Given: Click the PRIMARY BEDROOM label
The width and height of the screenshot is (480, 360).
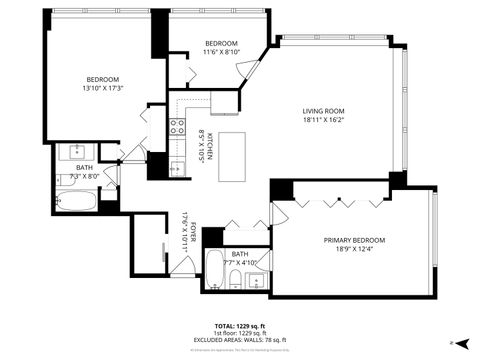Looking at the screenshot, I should (353, 240).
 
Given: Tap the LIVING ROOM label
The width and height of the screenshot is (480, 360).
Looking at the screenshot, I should (324, 111).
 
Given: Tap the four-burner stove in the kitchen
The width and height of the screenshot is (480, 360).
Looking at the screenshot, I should (177, 126).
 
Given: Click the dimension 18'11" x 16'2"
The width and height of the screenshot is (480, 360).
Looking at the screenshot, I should (324, 120).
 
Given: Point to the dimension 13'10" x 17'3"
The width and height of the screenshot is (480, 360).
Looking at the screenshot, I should (102, 88).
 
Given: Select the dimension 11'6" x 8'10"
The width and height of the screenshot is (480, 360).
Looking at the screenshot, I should (221, 52).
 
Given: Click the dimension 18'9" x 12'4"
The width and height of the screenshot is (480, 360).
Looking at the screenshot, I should (353, 249).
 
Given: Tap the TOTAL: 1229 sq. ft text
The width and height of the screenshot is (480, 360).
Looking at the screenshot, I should (240, 326).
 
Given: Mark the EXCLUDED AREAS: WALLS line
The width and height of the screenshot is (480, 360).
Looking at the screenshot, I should (240, 340).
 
